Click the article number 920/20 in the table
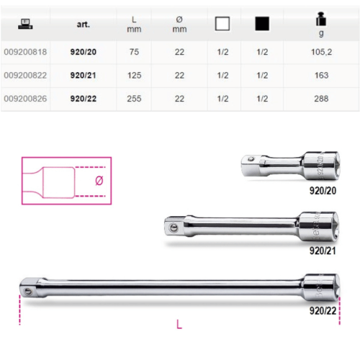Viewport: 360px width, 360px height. [83, 52]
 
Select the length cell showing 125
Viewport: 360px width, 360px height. [134, 76]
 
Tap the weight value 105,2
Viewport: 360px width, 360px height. [321, 52]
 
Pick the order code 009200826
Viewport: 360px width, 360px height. [25, 99]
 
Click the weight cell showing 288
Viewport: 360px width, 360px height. [321, 99]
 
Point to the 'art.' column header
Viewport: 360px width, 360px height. [84, 24]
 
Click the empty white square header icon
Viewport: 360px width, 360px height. [222, 24]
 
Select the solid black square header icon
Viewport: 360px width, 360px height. [262, 24]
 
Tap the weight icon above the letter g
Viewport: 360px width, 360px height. [321, 19]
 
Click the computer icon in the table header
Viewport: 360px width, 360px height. [25, 24]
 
